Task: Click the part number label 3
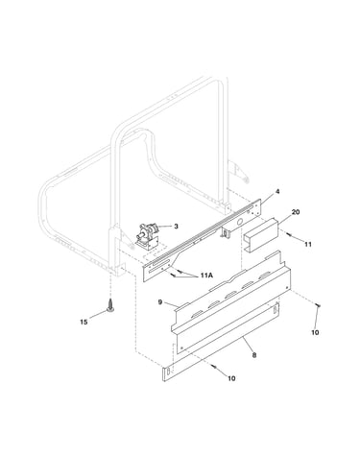click(x=176, y=227)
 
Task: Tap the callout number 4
click(x=277, y=191)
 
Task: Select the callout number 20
click(x=296, y=212)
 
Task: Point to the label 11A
click(x=206, y=276)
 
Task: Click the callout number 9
click(x=160, y=301)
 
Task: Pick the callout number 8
click(x=254, y=355)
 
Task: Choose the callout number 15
click(x=84, y=322)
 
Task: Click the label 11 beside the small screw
click(x=308, y=244)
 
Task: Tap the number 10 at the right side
click(x=315, y=332)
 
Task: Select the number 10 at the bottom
click(x=231, y=378)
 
